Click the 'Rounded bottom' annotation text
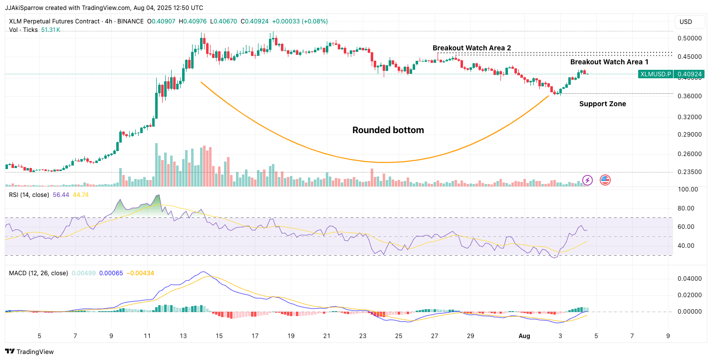point(388,130)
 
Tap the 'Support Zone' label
point(602,104)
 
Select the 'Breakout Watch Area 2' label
point(472,48)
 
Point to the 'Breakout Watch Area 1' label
point(609,62)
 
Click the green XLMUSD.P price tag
point(655,74)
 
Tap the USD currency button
point(686,22)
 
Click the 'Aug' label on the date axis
point(524,336)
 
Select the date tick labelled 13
point(183,336)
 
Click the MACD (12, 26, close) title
point(38,273)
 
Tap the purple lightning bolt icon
point(587,180)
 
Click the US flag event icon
point(605,180)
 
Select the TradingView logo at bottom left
point(30,352)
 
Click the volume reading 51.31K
point(50,30)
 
